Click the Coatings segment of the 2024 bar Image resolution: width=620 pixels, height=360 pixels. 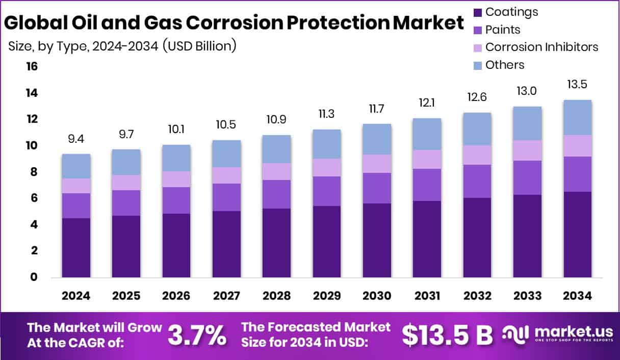pos(76,248)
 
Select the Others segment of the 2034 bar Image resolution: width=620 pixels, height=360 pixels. pos(577,118)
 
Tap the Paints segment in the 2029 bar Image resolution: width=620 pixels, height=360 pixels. pos(327,191)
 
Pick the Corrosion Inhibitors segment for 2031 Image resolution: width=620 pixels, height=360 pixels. pos(427,160)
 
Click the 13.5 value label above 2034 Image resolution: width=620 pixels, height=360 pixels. pos(578,84)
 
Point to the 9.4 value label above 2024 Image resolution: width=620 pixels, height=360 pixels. pos(76,138)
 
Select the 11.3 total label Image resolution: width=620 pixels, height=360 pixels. pos(327,113)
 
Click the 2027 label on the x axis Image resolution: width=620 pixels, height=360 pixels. pos(227,296)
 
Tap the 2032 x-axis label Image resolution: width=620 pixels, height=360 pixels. pos(477,296)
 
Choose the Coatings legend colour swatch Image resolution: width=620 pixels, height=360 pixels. pos(477,12)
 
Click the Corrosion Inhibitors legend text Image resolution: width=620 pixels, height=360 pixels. pos(541,47)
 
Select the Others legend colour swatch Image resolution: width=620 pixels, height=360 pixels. pos(477,65)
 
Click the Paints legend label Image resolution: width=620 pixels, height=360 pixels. pos(503,30)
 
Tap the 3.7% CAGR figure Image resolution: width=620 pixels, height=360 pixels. pos(197,334)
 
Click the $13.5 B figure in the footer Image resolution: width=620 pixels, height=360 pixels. pos(447,334)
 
